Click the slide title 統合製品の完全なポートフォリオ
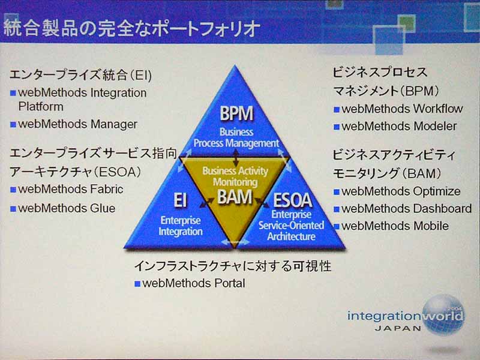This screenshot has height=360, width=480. (x=132, y=28)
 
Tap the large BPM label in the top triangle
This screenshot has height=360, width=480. (x=236, y=113)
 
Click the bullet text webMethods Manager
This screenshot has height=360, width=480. (x=78, y=125)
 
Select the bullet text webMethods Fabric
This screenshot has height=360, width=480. (x=71, y=189)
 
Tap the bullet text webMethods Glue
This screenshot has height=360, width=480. (x=67, y=209)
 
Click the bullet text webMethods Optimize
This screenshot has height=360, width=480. (x=401, y=192)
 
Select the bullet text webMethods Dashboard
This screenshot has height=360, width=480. (x=406, y=209)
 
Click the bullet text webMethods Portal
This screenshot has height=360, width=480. (x=193, y=283)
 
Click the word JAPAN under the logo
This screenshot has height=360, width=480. (x=398, y=328)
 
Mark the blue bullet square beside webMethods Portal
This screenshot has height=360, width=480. (x=137, y=284)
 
